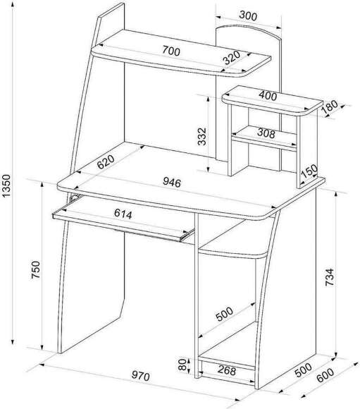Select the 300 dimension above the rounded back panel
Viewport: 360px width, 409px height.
248,16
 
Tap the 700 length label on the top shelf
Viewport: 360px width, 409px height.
171,50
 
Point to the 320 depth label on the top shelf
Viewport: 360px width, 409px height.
232,57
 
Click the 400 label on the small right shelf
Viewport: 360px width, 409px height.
268,96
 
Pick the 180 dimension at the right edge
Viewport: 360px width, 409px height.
330,107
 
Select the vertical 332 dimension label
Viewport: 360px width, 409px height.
202,136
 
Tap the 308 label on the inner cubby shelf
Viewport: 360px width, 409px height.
266,133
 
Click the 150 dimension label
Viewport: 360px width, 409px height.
309,171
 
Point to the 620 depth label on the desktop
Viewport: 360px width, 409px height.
106,161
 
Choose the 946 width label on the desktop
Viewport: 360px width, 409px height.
172,183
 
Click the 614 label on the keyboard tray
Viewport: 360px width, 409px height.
123,214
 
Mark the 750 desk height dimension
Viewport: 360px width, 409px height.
36,269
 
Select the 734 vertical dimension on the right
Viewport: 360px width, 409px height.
330,277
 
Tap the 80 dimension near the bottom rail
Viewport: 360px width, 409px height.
182,365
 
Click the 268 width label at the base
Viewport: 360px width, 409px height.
227,370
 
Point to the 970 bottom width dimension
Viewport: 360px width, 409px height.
141,376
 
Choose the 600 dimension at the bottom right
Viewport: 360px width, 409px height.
325,375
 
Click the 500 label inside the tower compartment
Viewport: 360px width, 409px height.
225,314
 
